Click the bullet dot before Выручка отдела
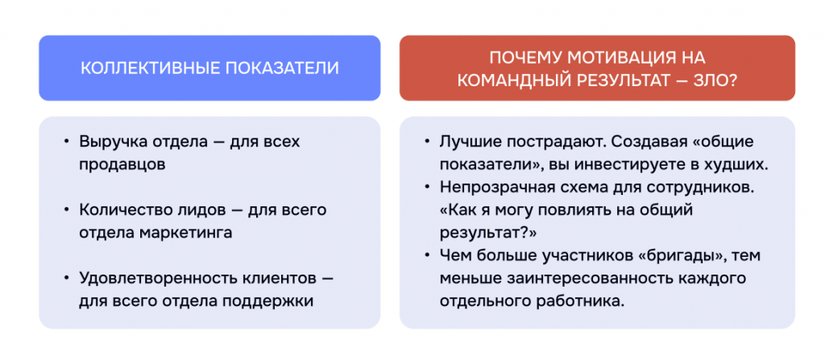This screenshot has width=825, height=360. tap(65, 142)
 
